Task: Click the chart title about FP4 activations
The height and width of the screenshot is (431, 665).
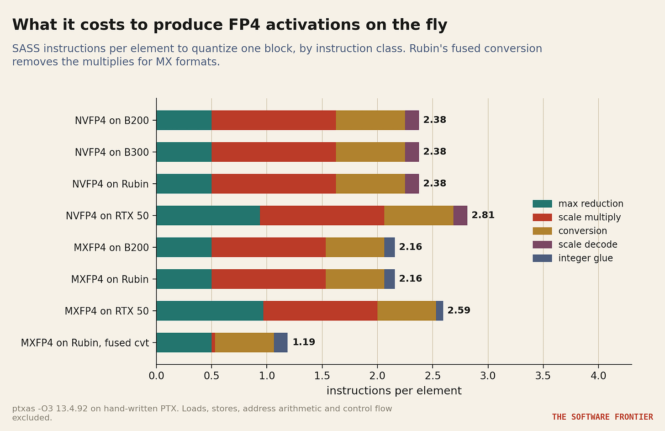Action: coord(229,25)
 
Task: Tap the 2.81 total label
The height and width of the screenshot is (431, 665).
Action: coord(483,215)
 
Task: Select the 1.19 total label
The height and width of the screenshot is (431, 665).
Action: coord(304,342)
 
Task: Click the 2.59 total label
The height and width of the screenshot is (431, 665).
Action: coord(459,310)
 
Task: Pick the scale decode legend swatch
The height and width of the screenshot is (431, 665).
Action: coord(542,245)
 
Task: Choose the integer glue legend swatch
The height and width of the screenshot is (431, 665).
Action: coord(542,258)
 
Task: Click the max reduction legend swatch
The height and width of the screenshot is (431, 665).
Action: coord(542,204)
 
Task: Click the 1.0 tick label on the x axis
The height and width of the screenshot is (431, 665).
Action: coord(267,376)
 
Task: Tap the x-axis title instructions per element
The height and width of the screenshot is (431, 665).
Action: coord(394,391)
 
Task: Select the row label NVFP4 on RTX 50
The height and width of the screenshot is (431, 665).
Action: coord(107,216)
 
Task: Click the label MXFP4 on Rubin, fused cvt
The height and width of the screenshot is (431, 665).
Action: coord(84,343)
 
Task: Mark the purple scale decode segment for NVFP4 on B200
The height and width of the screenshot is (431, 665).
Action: coord(412,120)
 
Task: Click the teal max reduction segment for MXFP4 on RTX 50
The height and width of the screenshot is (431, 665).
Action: coord(210,311)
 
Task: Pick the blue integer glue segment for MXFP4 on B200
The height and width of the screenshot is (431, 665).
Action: coord(390,247)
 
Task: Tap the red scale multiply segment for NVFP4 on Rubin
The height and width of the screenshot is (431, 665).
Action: coord(274,184)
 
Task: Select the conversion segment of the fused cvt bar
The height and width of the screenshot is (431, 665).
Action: coord(244,342)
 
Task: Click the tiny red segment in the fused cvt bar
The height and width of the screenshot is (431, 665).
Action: coord(213,342)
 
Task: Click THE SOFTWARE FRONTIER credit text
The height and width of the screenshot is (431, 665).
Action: coord(602,417)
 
